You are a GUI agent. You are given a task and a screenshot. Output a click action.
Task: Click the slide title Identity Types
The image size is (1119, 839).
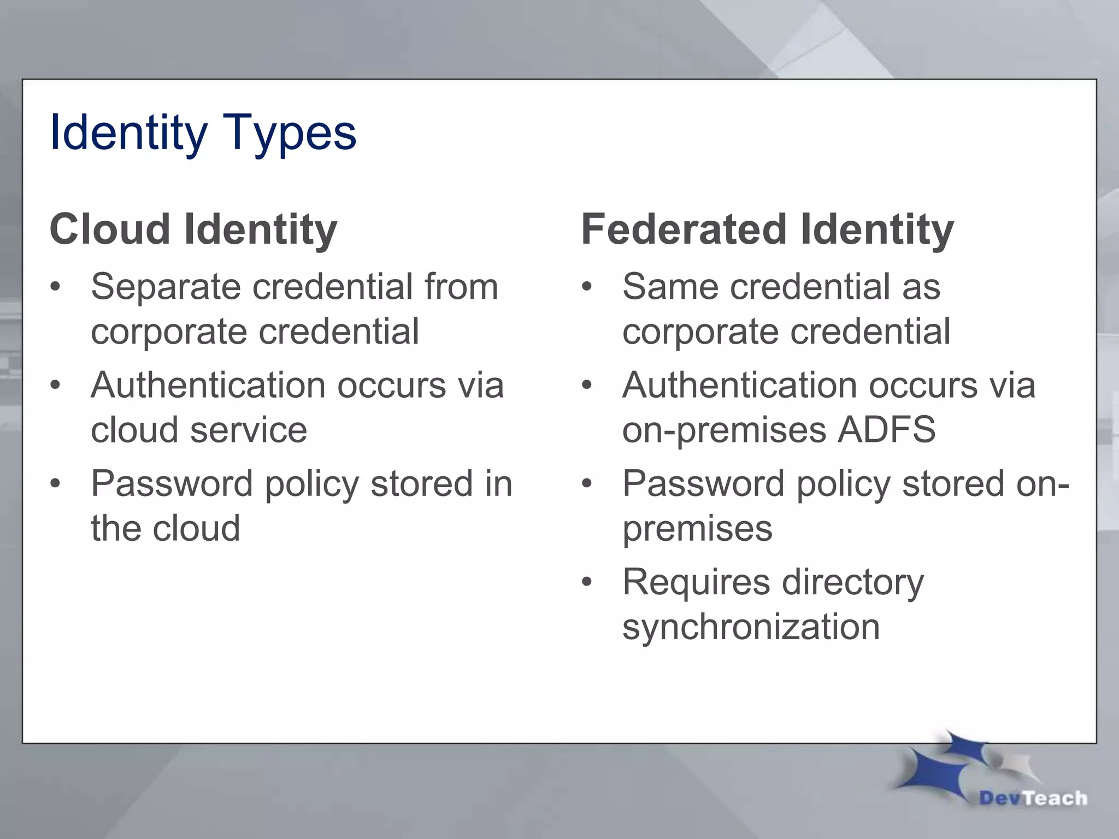tap(203, 133)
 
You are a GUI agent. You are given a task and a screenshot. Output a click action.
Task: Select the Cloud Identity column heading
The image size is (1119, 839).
tap(193, 229)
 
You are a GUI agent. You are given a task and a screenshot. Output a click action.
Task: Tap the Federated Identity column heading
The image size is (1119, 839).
tap(767, 229)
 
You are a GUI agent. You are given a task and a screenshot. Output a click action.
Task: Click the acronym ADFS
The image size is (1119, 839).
tap(886, 429)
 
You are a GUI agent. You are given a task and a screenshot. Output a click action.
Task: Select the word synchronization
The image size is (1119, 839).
tap(751, 627)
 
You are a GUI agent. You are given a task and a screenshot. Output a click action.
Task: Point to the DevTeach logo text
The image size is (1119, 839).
tap(1033, 798)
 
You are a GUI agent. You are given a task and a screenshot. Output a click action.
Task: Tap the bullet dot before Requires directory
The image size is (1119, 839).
tap(587, 583)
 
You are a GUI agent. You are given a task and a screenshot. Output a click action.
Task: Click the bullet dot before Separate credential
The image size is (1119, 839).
tap(55, 287)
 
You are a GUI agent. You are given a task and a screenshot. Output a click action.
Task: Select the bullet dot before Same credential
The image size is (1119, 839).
tap(587, 287)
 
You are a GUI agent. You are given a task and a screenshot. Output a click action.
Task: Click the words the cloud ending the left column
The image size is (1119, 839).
tap(165, 528)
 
